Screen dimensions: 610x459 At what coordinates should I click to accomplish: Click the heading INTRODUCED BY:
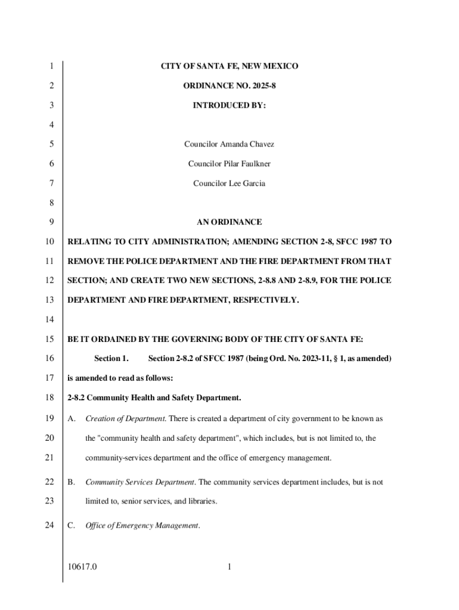click(x=229, y=105)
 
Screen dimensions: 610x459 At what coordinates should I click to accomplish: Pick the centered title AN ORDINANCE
click(x=229, y=222)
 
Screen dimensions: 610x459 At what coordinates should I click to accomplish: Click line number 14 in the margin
click(x=51, y=319)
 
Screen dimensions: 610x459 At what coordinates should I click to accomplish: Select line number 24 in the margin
click(x=51, y=525)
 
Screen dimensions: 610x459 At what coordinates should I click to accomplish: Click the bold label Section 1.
click(x=111, y=359)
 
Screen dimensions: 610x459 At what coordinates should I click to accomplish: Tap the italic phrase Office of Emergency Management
click(x=142, y=525)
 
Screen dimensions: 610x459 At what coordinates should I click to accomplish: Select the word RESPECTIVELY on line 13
click(x=265, y=300)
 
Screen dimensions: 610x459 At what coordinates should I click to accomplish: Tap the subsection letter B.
click(x=71, y=482)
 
